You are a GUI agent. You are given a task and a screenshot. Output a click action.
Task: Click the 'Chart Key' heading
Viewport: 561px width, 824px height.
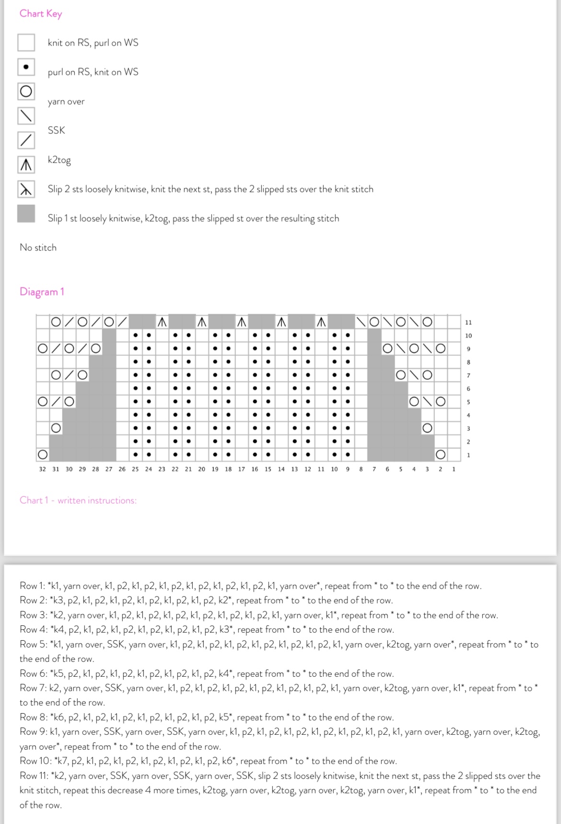click(41, 13)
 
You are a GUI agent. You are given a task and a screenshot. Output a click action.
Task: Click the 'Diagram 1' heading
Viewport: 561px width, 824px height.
click(42, 292)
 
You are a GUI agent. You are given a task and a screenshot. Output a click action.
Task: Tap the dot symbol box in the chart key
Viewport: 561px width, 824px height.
click(26, 67)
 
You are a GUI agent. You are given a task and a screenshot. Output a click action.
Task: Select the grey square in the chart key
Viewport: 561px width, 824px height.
click(26, 213)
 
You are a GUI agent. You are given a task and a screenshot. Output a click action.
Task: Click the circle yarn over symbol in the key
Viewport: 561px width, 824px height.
click(26, 91)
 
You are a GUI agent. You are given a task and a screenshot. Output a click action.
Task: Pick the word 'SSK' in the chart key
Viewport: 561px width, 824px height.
click(56, 130)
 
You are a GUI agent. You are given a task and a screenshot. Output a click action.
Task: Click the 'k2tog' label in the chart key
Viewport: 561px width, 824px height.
click(59, 160)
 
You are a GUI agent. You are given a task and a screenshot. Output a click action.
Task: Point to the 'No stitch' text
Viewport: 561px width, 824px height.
click(38, 247)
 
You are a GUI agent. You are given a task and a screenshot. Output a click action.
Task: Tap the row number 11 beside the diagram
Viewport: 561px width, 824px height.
click(468, 322)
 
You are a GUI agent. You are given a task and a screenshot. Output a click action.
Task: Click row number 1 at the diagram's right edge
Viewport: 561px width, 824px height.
click(468, 455)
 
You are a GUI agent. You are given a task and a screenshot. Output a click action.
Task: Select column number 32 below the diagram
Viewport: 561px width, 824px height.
click(42, 469)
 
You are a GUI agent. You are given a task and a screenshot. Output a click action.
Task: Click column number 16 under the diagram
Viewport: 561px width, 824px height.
click(254, 469)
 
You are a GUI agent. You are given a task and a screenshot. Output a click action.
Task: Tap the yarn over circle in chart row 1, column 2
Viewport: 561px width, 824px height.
click(440, 454)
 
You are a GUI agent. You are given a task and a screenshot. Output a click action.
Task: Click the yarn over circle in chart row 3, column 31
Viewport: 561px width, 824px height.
click(56, 427)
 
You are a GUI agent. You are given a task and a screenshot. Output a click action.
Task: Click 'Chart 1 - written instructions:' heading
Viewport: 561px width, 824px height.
click(78, 500)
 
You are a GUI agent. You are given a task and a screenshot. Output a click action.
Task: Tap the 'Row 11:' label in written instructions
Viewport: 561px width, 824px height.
click(35, 776)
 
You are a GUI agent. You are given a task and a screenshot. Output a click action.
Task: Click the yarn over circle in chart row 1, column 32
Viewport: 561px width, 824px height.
click(43, 454)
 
